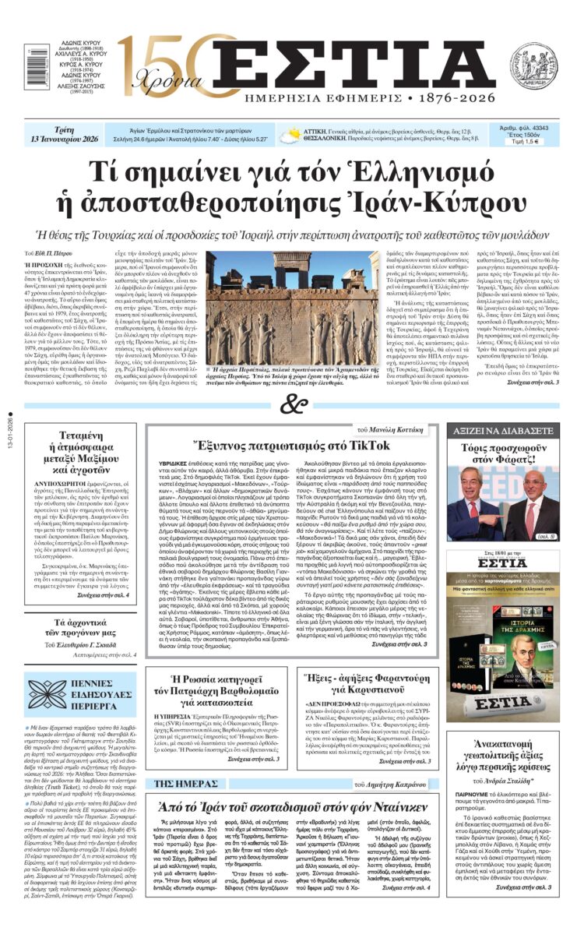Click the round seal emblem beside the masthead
[533, 65]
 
